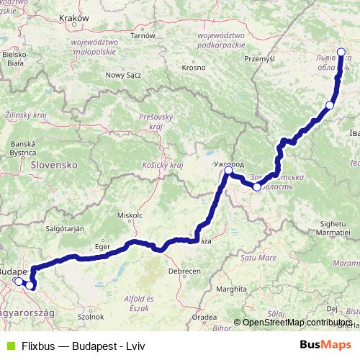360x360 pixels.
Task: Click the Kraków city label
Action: [x=75, y=17]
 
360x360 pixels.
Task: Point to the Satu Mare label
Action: [x=258, y=256]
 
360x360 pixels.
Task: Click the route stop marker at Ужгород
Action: [x=228, y=171]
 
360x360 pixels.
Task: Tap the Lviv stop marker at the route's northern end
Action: [x=341, y=50]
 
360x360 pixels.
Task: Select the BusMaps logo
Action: [x=325, y=345]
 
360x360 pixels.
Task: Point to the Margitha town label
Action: [x=238, y=289]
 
